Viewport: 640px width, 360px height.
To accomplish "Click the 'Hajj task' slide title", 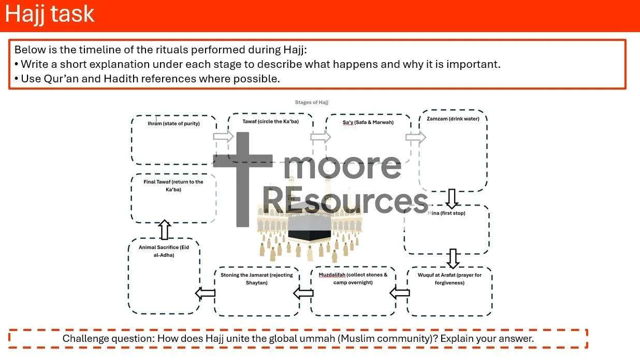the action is click(50, 14).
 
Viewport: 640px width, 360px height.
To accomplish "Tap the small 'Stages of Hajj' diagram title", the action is click(311, 103).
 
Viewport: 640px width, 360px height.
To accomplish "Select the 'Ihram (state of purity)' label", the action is click(173, 124).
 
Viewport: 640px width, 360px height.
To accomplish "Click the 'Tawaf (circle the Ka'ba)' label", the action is click(270, 122).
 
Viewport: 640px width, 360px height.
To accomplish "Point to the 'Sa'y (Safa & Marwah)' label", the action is click(368, 122).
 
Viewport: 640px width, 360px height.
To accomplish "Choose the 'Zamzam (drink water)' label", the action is click(453, 119).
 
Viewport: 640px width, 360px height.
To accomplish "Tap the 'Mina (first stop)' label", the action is click(446, 213).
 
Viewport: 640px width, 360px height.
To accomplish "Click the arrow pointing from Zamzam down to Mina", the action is click(453, 198).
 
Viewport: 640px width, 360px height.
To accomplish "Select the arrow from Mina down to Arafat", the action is click(453, 258).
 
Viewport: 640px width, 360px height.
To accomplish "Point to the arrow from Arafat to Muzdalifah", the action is click(400, 294).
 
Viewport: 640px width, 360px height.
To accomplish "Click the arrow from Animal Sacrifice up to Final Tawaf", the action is click(164, 229).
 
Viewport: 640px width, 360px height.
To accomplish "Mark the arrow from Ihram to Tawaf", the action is click(224, 136).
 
